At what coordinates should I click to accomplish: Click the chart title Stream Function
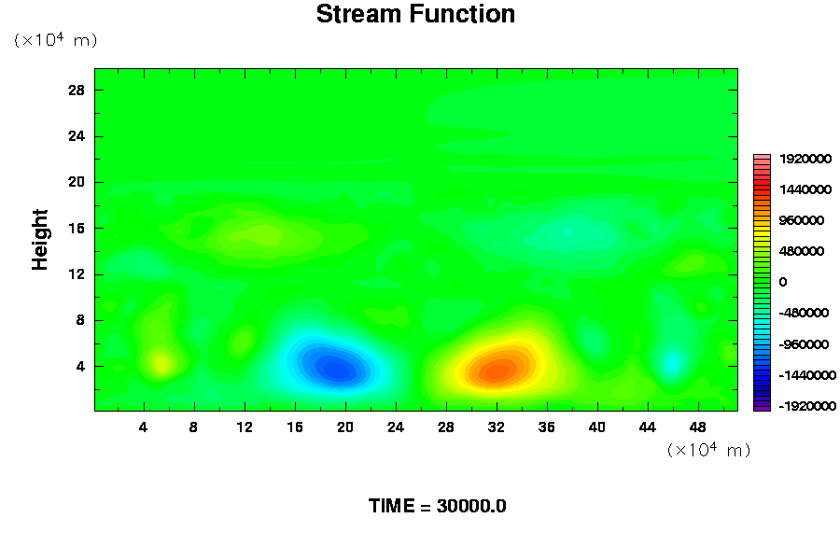pos(415,14)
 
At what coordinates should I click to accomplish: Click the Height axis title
pos(40,240)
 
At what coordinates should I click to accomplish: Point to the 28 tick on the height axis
pos(77,90)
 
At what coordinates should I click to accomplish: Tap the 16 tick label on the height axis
pos(77,229)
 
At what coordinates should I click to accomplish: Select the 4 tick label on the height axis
pos(80,367)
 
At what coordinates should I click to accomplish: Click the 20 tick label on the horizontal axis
pos(345,427)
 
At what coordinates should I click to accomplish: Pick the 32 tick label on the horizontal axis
pos(497,427)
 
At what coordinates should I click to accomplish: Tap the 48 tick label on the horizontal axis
pos(697,427)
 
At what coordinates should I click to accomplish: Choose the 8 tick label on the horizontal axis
pos(193,427)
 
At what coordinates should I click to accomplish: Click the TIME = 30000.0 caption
pos(437,506)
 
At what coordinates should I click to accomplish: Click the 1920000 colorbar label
pos(805,159)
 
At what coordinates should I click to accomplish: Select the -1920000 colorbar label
pos(807,406)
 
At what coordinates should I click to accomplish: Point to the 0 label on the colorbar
pos(783,282)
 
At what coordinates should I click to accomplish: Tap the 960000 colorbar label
pos(802,220)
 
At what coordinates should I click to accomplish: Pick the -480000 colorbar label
pos(804,313)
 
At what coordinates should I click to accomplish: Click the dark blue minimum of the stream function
pos(336,369)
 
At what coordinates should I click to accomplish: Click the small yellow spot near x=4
pos(161,364)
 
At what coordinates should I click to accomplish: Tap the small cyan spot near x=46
pos(672,363)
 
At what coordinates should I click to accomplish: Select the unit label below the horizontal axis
pos(708,449)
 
